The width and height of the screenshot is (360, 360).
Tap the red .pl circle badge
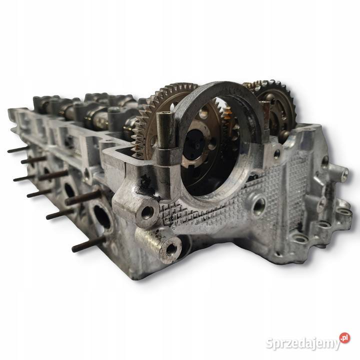(x=344, y=338)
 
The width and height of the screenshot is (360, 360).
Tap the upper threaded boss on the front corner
(x=147, y=212)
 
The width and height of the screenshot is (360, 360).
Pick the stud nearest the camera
(x=87, y=244)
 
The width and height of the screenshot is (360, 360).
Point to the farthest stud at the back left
(x=17, y=149)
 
